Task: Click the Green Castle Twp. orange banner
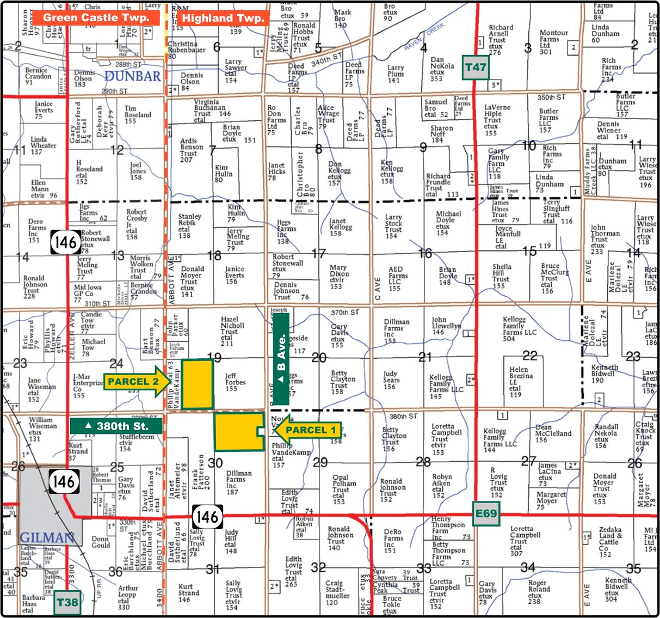tap(96, 17)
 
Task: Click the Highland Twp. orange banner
tap(223, 18)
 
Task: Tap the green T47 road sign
tap(475, 68)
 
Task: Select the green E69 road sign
tap(486, 513)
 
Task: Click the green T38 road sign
tap(67, 602)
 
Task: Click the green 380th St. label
tap(116, 426)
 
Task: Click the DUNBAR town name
tap(133, 76)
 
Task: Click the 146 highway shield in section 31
tap(207, 516)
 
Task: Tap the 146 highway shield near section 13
tap(65, 242)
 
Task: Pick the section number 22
tap(529, 356)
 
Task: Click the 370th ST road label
tap(345, 313)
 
